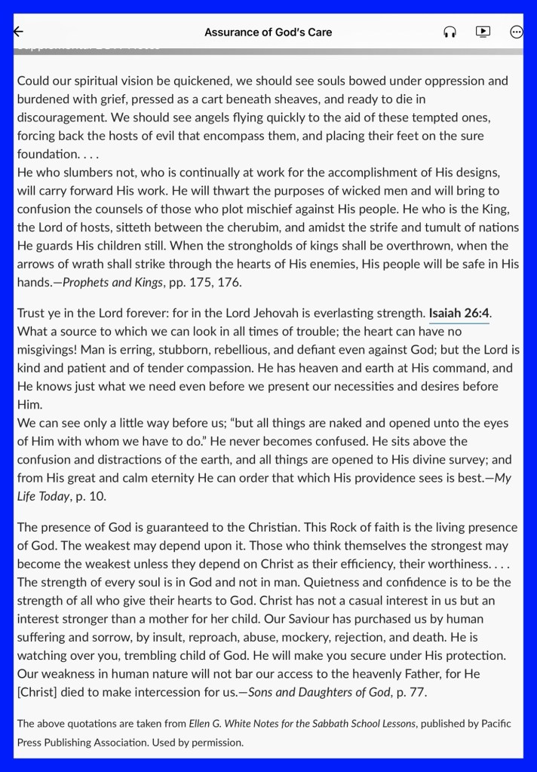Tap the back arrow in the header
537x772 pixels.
18,32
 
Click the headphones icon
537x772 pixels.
450,32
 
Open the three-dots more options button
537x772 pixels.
517,32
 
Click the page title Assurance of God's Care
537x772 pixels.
268,32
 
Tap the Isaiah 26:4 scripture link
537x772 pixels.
459,312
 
